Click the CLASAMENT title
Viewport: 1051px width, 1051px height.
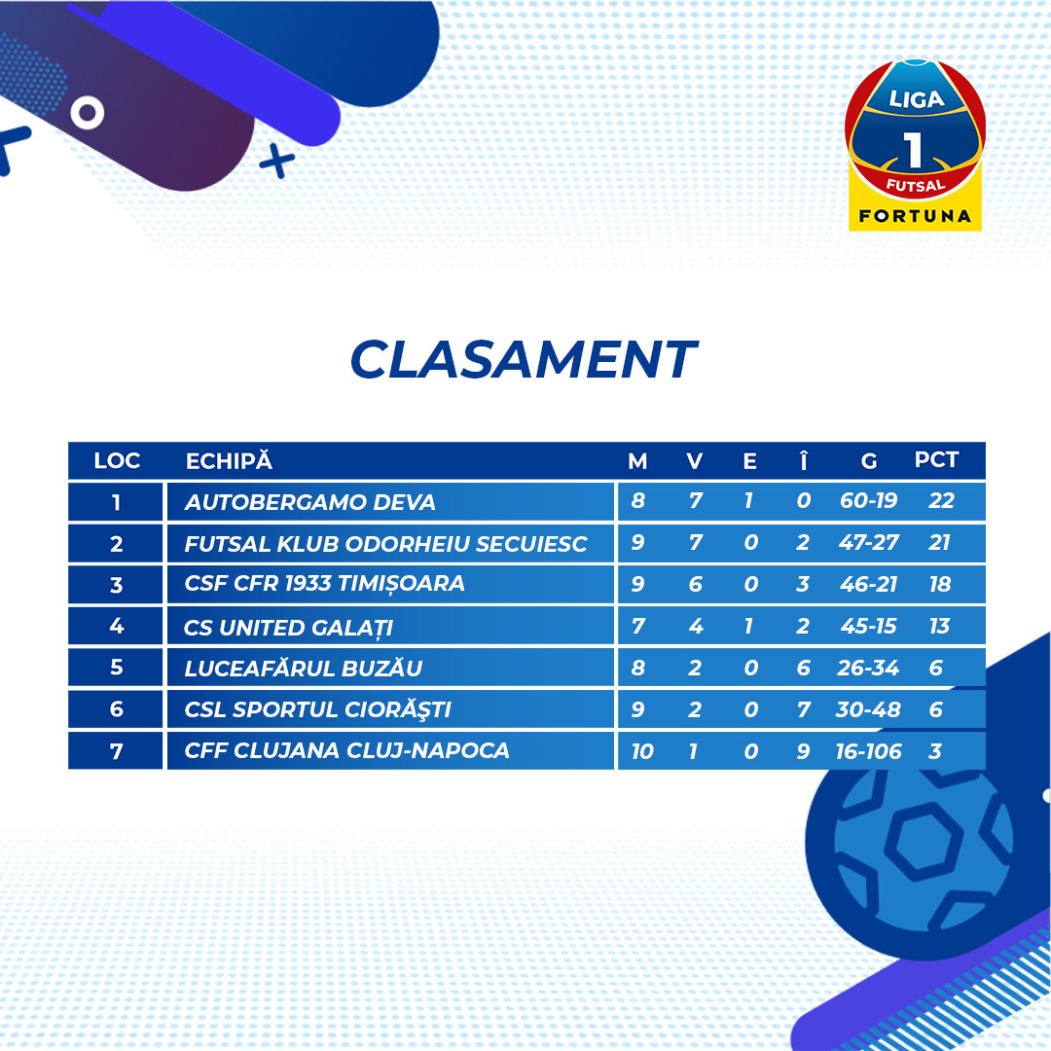point(524,358)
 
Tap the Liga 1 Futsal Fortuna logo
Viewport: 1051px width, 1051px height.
point(915,145)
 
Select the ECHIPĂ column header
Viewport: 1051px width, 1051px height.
point(229,460)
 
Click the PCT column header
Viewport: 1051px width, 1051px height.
point(936,459)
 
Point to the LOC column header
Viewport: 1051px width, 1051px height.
point(117,460)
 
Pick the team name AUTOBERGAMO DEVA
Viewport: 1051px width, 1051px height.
point(309,502)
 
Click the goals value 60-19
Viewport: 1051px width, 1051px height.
point(868,501)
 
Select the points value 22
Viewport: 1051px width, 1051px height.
point(940,501)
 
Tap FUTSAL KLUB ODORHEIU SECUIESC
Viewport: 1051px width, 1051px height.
point(385,544)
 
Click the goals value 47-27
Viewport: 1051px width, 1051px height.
point(868,542)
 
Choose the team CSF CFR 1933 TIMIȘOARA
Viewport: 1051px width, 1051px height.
point(324,584)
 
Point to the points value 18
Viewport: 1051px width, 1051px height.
point(940,585)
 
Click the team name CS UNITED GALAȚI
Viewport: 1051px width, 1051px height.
point(288,628)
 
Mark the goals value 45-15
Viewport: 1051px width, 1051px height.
point(868,626)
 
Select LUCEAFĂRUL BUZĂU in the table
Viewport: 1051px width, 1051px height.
point(303,669)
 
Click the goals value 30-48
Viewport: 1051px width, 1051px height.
point(867,709)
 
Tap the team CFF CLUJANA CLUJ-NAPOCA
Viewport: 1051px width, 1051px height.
point(346,750)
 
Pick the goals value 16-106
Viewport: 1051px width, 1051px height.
point(868,751)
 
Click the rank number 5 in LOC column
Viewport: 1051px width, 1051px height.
point(116,667)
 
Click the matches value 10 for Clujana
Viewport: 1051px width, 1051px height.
point(641,751)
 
